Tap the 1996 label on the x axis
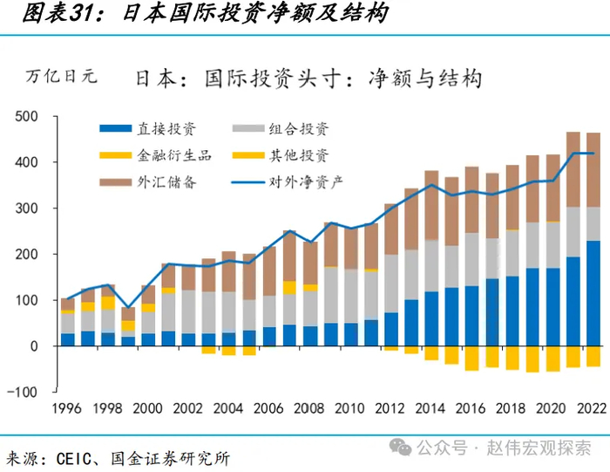click(68, 408)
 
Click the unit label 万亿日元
click(61, 76)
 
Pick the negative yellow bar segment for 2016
click(471, 358)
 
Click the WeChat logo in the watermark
click(403, 448)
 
